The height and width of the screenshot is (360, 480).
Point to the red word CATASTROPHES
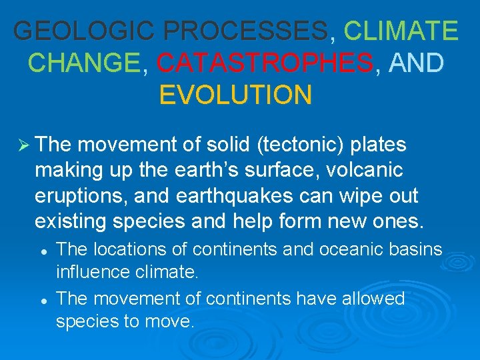pos(265,63)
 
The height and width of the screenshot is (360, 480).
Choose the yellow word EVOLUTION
pos(235,95)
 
